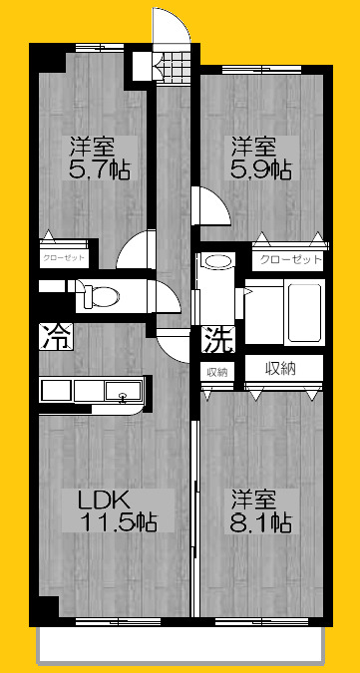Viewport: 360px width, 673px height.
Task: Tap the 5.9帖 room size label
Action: click(262, 168)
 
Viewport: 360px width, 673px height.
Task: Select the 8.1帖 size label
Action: click(262, 521)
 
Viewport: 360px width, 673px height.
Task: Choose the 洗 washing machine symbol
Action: click(218, 340)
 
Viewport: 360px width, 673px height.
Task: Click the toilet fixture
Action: click(99, 296)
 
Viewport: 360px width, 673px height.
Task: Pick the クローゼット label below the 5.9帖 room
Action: click(290, 260)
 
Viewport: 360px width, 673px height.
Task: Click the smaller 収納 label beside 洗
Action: click(217, 372)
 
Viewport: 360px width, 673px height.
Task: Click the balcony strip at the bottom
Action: click(181, 647)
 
